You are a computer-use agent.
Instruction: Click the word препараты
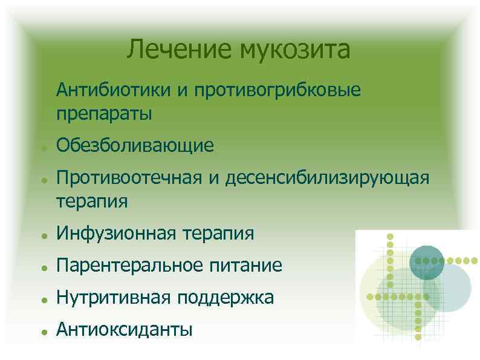(x=105, y=113)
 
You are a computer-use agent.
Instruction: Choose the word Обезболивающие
(x=135, y=145)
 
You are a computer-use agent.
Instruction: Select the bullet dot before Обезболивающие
(x=38, y=148)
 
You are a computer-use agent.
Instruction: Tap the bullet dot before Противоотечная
(x=38, y=180)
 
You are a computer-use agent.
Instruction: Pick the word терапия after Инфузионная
(x=218, y=234)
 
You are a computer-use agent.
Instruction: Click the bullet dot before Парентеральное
(x=38, y=267)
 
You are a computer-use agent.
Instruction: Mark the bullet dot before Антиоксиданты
(x=38, y=332)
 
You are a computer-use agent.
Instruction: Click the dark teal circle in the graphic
(x=426, y=261)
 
